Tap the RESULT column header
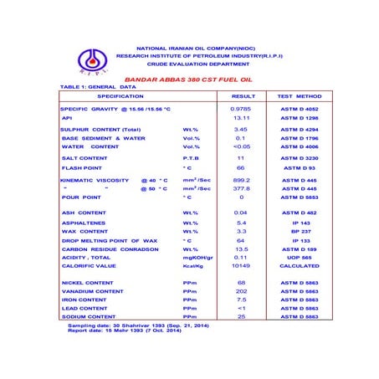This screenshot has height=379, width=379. tap(243, 96)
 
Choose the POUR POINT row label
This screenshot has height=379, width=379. tap(82, 197)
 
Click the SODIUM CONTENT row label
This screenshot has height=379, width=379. tap(90, 317)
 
